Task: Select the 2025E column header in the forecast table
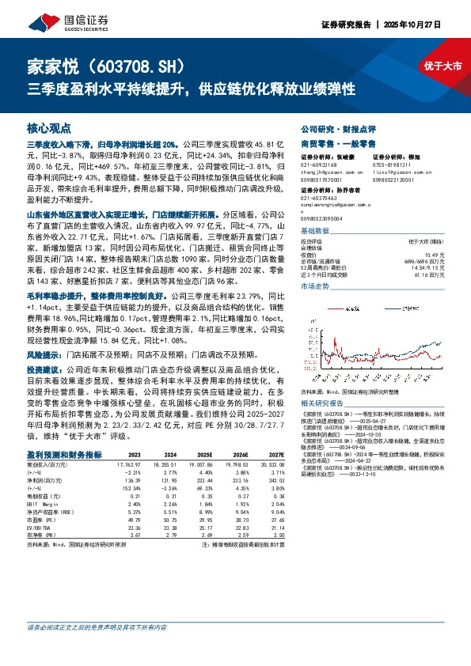pos(205,455)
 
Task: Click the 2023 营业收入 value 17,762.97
pos(129,464)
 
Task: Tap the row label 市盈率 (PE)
pos(44,518)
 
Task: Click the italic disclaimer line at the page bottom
pos(97,627)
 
